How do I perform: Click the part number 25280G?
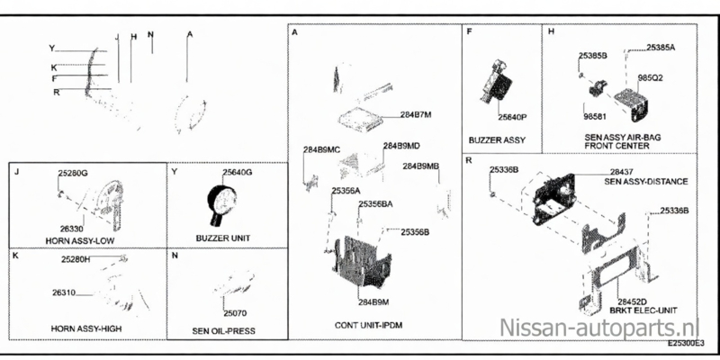[73, 172]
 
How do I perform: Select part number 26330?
[72, 229]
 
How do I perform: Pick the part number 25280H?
[76, 260]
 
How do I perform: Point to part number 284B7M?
[417, 114]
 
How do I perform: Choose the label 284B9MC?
[321, 148]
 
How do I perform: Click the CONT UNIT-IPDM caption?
[371, 322]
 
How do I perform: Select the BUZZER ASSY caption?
[497, 139]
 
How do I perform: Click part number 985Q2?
[650, 78]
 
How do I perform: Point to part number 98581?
[595, 117]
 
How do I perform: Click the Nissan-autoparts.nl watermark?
[601, 325]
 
